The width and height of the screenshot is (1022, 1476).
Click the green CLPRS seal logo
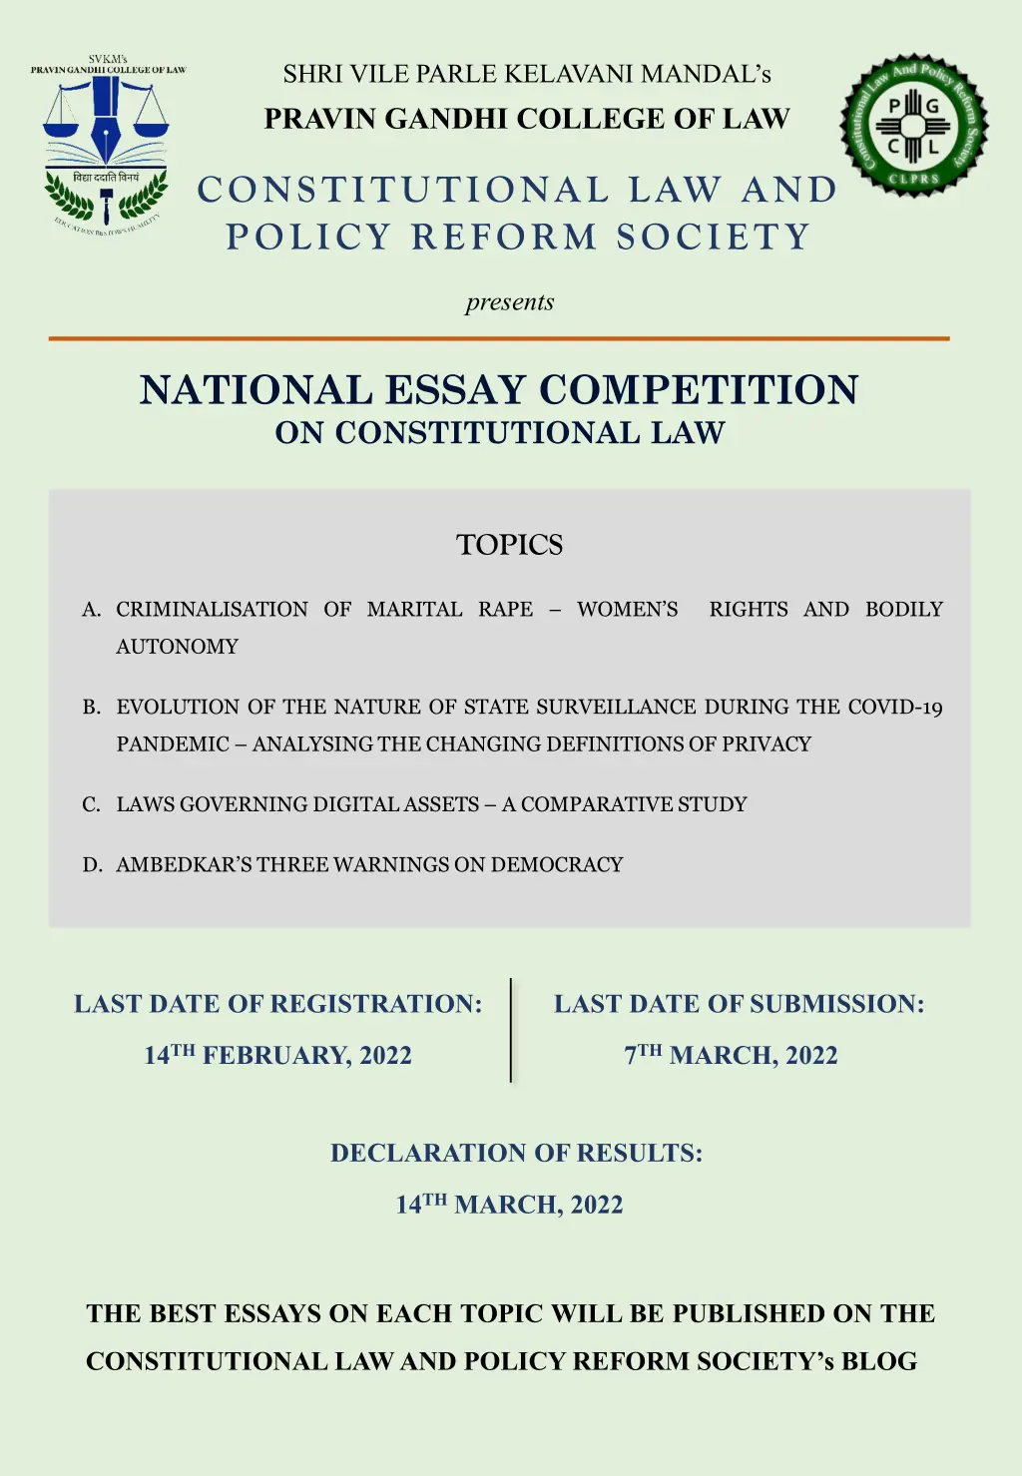pyautogui.click(x=913, y=126)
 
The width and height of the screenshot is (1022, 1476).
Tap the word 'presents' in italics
pyautogui.click(x=509, y=302)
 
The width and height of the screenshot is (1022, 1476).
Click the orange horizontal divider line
pyautogui.click(x=499, y=338)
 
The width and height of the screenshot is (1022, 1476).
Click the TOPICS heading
pyautogui.click(x=509, y=545)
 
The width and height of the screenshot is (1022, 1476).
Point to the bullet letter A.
pyautogui.click(x=91, y=610)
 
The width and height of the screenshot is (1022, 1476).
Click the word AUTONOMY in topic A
pyautogui.click(x=178, y=647)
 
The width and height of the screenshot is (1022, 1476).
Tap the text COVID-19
pyautogui.click(x=895, y=708)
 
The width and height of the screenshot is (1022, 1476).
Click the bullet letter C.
pyautogui.click(x=91, y=804)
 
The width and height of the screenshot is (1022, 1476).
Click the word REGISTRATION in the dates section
pyautogui.click(x=376, y=1004)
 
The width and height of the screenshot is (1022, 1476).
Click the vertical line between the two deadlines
pyautogui.click(x=511, y=1030)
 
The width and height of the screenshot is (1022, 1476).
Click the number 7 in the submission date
pyautogui.click(x=631, y=1056)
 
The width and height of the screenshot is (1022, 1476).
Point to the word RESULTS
pyautogui.click(x=639, y=1154)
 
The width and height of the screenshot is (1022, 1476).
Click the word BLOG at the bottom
pyautogui.click(x=879, y=1361)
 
